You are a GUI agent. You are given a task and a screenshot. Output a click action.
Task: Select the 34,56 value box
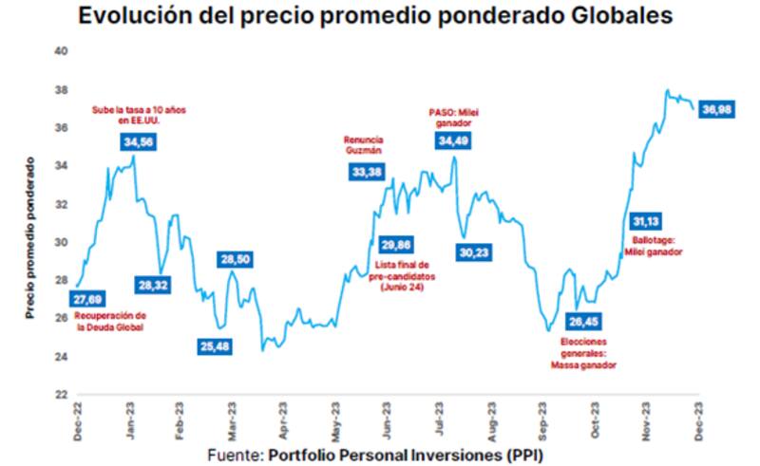(139, 141)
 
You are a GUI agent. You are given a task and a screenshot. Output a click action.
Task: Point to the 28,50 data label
(235, 259)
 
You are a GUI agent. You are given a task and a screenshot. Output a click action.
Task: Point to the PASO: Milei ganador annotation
(455, 117)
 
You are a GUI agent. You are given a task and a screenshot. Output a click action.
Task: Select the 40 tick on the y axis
(61, 51)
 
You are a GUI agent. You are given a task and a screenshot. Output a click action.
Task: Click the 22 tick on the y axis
(61, 394)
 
